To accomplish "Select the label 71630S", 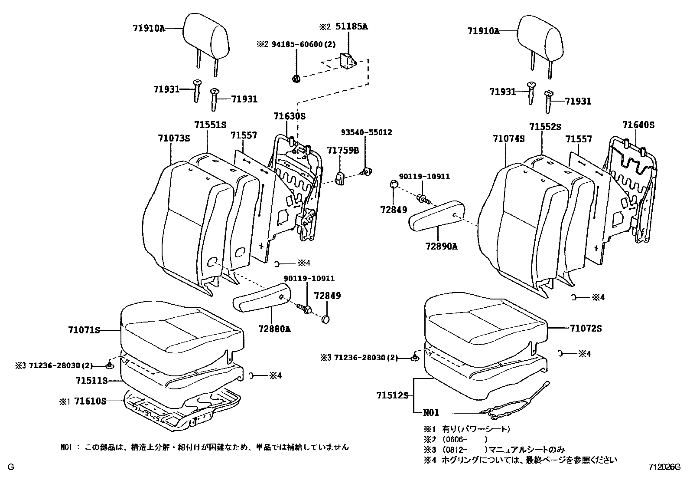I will [x=290, y=116].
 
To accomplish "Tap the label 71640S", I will [x=638, y=125].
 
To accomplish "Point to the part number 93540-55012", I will [x=366, y=132].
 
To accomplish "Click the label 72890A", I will [x=442, y=247].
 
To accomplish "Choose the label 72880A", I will [x=274, y=329].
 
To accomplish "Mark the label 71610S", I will [x=90, y=401].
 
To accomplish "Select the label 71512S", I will [x=393, y=395].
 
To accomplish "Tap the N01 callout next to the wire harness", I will [x=431, y=413].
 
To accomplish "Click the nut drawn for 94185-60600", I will [x=296, y=79].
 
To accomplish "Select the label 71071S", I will [x=84, y=330].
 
